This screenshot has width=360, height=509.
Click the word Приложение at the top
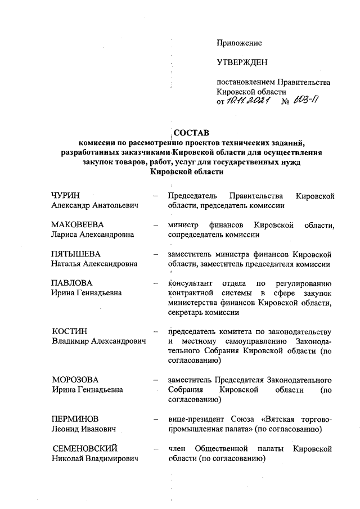[x=240, y=43]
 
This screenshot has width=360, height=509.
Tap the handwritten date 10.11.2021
[x=248, y=100]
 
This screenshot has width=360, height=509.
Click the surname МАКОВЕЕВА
[x=78, y=225]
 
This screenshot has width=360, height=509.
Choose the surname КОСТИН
[x=70, y=331]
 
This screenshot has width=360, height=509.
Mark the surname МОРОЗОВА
[x=75, y=380]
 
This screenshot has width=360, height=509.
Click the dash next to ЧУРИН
[x=155, y=196]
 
